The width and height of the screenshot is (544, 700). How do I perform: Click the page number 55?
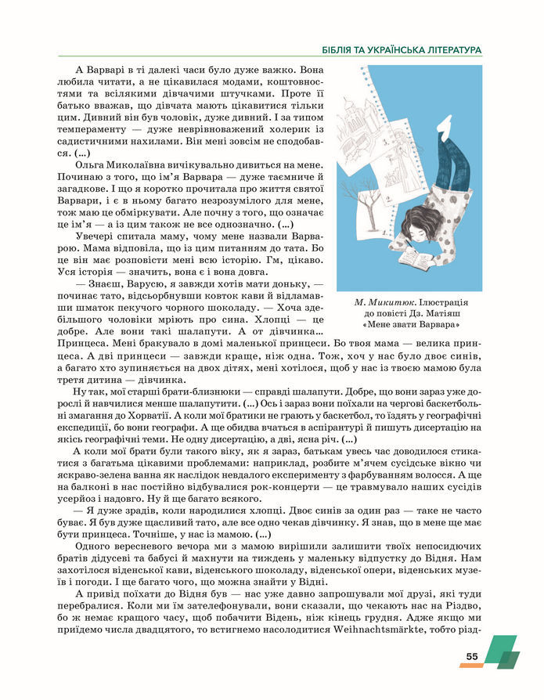tap(471, 656)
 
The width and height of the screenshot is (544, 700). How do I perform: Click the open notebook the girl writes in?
tap(415, 259)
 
